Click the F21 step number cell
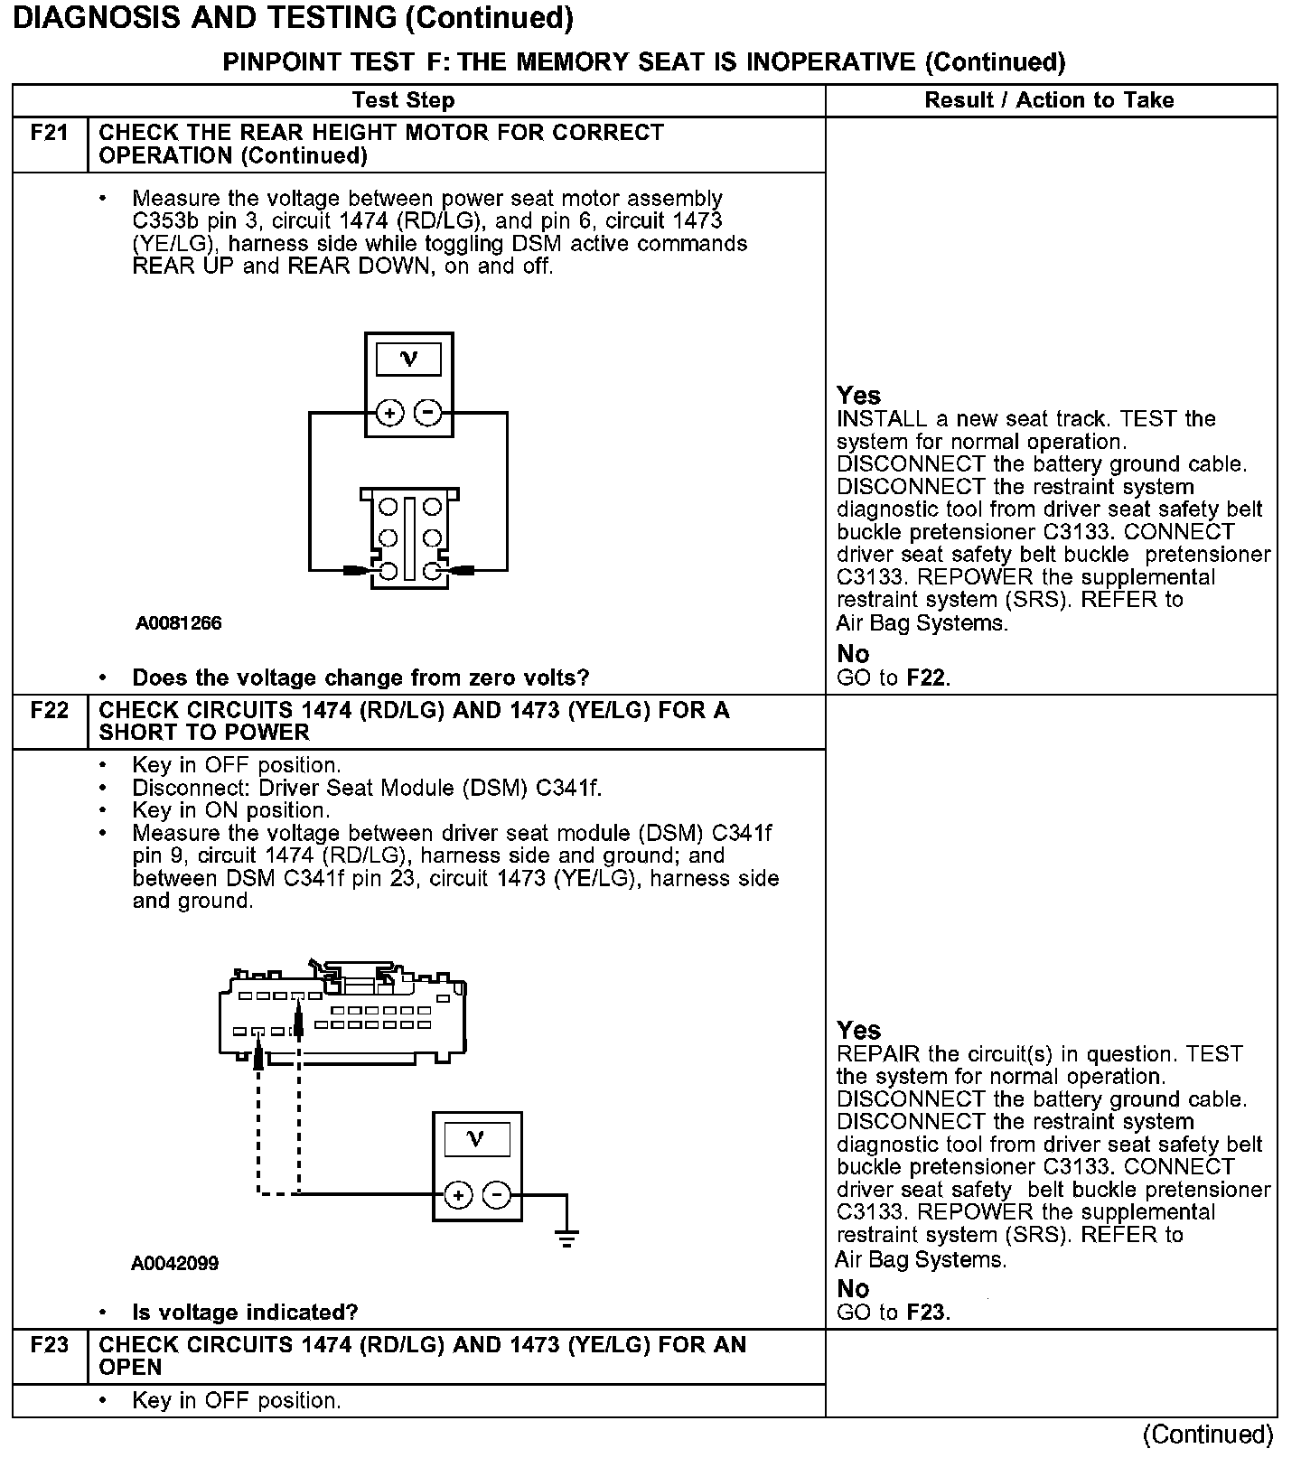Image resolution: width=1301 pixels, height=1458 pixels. point(50,134)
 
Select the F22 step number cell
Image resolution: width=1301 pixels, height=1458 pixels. point(50,711)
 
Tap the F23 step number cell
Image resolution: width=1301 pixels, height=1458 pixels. point(50,1345)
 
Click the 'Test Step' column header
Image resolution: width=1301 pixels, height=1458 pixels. point(403,100)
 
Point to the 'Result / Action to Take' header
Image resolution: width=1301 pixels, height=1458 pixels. point(1049,100)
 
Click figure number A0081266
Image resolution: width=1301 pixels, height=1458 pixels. point(179,623)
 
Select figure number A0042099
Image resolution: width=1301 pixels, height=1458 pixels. point(175,1263)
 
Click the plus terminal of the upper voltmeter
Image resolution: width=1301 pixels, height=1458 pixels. point(389,414)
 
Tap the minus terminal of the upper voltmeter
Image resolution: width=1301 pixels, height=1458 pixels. point(427,414)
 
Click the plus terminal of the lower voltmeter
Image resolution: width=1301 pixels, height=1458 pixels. point(458,1195)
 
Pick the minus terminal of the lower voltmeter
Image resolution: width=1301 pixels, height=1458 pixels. point(496,1195)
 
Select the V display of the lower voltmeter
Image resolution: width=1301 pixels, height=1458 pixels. point(476,1140)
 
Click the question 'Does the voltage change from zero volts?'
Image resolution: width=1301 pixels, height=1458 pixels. point(360,678)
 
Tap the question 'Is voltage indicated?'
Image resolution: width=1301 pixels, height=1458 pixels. point(245,1313)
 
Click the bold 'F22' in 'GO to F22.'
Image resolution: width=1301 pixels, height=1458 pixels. point(926,678)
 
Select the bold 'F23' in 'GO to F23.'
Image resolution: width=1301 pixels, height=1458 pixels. point(926,1313)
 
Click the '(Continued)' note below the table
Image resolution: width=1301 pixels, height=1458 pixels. point(1208,1435)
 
